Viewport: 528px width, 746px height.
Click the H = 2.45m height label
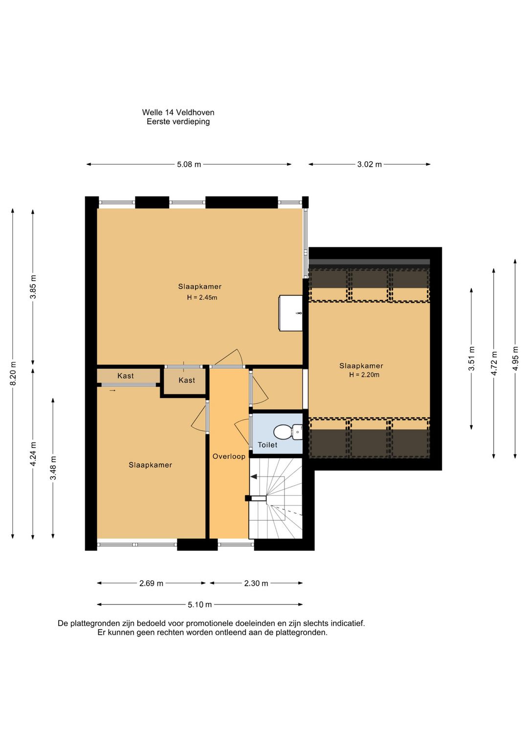(x=202, y=297)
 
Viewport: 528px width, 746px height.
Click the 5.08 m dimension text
(x=189, y=164)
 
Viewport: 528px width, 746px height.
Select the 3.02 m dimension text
(x=370, y=164)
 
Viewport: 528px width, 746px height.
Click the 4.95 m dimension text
(x=515, y=358)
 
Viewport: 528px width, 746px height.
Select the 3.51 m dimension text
(x=471, y=358)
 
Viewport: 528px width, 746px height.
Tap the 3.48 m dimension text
(x=53, y=468)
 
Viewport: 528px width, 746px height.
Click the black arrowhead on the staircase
(x=254, y=477)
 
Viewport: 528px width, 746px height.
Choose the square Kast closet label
(x=187, y=380)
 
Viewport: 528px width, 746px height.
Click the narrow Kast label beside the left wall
(x=125, y=375)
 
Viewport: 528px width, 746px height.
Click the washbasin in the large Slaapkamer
(x=290, y=313)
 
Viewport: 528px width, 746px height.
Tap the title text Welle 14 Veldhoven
(x=178, y=112)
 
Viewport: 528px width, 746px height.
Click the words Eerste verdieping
(x=178, y=122)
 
